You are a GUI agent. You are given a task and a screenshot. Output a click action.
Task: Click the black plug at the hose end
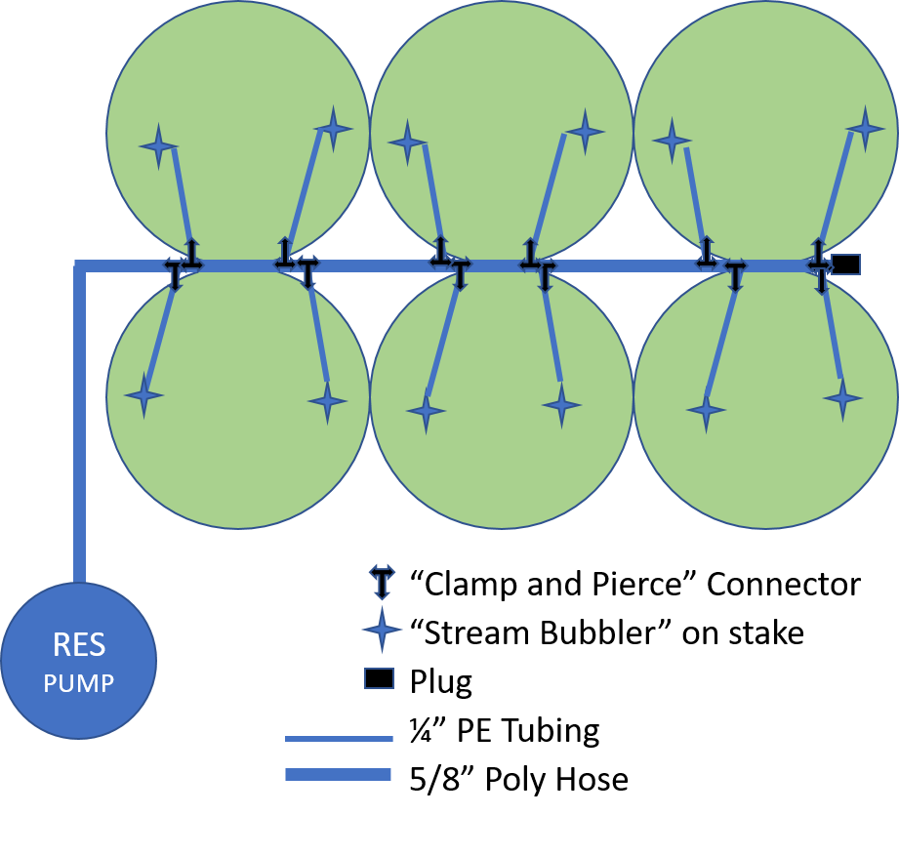tap(845, 265)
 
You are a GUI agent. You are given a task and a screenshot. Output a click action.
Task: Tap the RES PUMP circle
tap(78, 661)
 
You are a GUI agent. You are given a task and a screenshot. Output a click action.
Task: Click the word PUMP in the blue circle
tap(78, 683)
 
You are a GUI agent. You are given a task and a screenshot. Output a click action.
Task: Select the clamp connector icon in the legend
tap(382, 582)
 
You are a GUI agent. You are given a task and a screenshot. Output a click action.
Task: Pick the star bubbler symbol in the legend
tap(382, 630)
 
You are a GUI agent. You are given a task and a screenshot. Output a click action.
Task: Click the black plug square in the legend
tap(379, 678)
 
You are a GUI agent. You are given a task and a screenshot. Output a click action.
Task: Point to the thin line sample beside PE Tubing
tap(339, 739)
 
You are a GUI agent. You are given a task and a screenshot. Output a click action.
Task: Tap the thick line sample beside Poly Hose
tap(339, 775)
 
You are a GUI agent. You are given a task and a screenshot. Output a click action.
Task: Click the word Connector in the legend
tap(783, 585)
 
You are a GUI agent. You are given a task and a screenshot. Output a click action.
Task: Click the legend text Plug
tap(441, 682)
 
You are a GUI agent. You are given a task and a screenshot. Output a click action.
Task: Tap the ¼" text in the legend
tap(429, 730)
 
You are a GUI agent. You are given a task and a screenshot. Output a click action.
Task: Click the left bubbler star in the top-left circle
tap(159, 146)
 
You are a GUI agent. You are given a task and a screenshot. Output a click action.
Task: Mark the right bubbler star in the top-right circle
tap(865, 129)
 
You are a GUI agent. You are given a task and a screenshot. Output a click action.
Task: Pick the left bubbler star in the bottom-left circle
tap(143, 395)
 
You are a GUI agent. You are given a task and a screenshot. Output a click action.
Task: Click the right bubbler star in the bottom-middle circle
tap(561, 405)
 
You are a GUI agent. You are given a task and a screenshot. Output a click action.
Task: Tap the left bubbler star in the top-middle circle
tap(407, 143)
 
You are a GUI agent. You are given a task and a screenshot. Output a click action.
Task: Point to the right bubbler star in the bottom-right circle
tap(842, 398)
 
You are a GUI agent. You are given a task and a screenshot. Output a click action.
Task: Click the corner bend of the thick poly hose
tap(80, 266)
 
